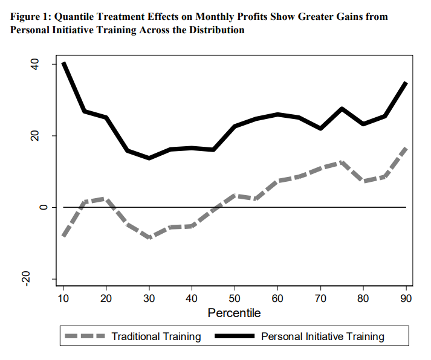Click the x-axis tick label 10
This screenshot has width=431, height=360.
tap(63, 298)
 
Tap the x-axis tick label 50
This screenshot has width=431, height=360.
tap(235, 298)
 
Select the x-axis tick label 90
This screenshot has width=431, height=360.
tap(406, 298)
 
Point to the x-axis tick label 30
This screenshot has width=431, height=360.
tap(149, 298)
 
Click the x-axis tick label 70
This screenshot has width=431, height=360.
tap(320, 298)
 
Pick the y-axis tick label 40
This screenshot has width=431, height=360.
tap(43, 64)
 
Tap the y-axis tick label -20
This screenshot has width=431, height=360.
tap(43, 278)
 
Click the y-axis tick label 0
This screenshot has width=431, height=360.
tap(43, 207)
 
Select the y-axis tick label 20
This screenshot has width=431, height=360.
tap(43, 136)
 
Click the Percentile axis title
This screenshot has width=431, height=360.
tap(234, 313)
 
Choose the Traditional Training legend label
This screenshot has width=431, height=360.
tap(157, 336)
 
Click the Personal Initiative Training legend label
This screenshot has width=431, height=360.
tap(322, 336)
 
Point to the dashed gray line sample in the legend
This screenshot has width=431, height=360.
tap(85, 336)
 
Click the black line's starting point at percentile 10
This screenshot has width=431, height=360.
tap(63, 63)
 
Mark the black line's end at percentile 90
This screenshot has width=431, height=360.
tap(406, 83)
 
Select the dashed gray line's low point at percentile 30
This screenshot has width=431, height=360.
tap(149, 237)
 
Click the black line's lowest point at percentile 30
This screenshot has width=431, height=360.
tap(149, 158)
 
